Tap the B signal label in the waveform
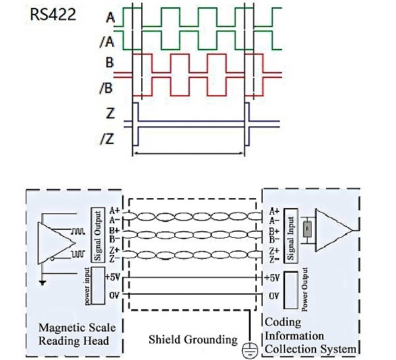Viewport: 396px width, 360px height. point(110,65)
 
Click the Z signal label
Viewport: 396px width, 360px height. point(110,112)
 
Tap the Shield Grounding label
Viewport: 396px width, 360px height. point(192,340)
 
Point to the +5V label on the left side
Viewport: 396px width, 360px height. point(112,277)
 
